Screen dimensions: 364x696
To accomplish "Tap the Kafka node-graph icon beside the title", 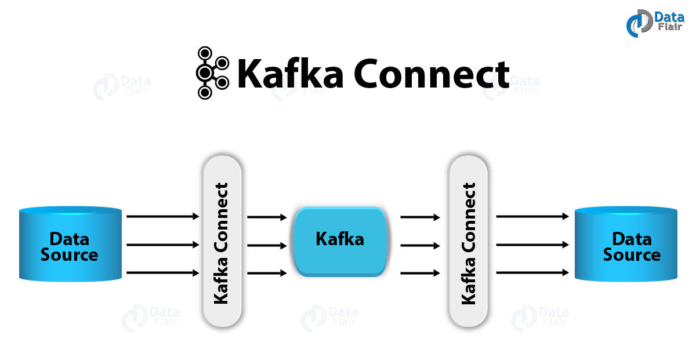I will pos(211,73).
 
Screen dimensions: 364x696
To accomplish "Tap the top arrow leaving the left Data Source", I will pos(162,216).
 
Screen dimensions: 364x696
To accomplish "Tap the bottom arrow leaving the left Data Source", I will pos(162,272).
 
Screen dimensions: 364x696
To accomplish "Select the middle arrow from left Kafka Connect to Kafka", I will pos(267,245).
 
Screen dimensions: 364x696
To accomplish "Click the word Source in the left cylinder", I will pos(70,255).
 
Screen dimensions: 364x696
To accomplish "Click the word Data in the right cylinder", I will pos(632,238).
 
